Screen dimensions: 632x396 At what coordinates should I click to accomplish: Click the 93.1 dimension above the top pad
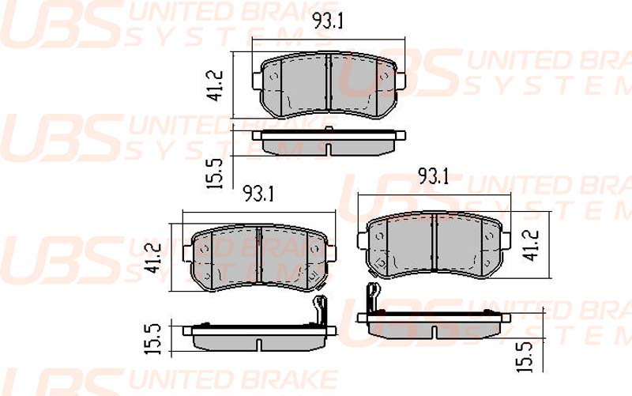click(x=329, y=21)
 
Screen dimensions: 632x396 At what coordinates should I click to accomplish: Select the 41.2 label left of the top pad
click(x=216, y=85)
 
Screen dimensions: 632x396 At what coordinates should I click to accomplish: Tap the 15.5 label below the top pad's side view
click(x=214, y=173)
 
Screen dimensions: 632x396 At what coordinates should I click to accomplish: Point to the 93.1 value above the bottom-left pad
click(x=258, y=194)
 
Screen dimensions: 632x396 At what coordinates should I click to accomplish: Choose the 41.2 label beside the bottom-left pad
click(x=155, y=258)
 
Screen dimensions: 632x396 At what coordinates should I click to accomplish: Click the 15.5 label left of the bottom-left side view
click(x=152, y=339)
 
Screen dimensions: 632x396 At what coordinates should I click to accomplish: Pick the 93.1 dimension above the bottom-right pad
click(x=433, y=176)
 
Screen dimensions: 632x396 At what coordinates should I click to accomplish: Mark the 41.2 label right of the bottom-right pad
click(x=532, y=245)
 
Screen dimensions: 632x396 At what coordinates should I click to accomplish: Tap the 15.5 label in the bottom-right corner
click(x=525, y=356)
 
